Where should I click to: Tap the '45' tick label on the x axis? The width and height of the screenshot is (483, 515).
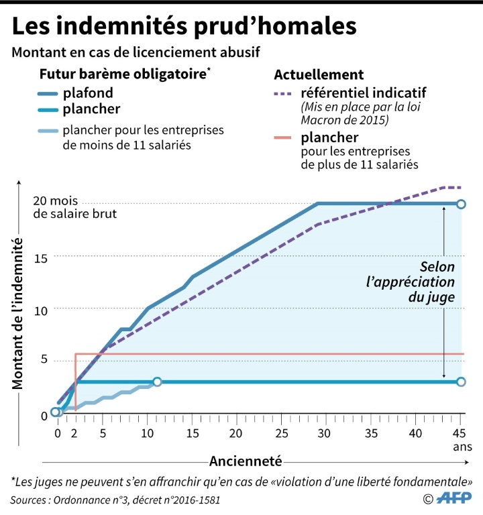460,433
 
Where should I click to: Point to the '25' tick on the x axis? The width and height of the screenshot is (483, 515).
282,433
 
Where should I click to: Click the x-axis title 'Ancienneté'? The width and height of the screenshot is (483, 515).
245,461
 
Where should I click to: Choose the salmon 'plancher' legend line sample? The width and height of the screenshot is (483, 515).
290,138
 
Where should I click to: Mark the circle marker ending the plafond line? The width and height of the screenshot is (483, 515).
460,204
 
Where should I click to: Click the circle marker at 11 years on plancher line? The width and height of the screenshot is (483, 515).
157,382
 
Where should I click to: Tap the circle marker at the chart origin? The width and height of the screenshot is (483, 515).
56,412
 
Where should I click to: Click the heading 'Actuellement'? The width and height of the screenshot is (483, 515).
319,74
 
